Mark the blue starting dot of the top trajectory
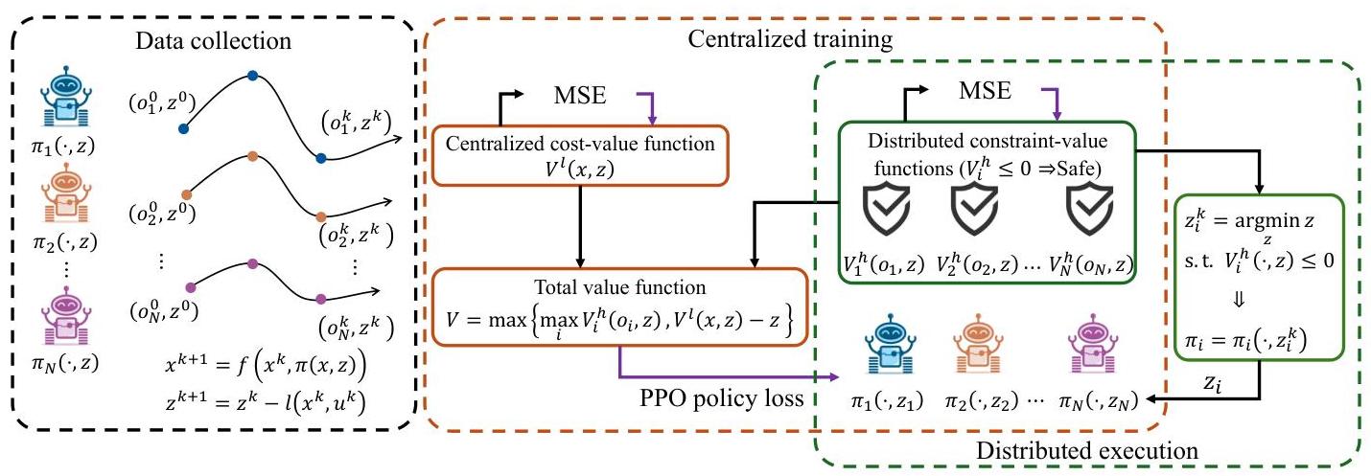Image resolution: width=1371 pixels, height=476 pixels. [183, 127]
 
